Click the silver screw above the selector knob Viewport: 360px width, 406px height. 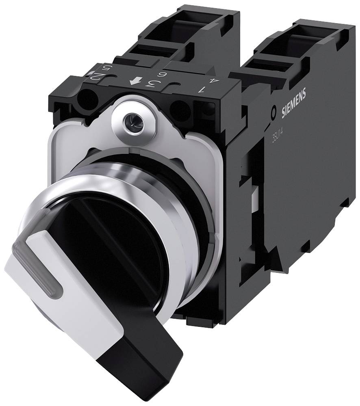(130, 120)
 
